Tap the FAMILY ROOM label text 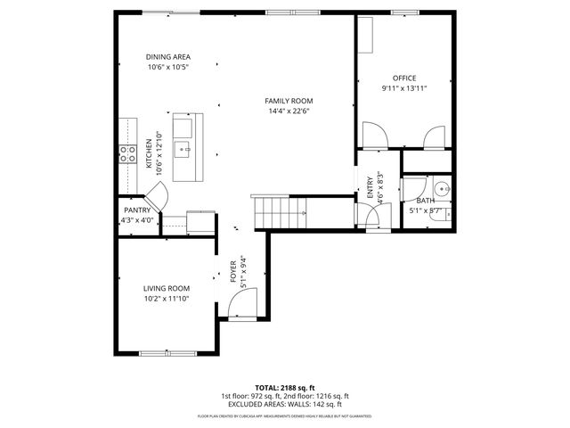(289, 101)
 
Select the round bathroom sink (443, 190)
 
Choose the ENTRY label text (369, 190)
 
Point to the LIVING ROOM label (167, 288)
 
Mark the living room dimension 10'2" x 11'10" (167, 299)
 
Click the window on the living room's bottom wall (167, 353)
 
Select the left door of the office (377, 137)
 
